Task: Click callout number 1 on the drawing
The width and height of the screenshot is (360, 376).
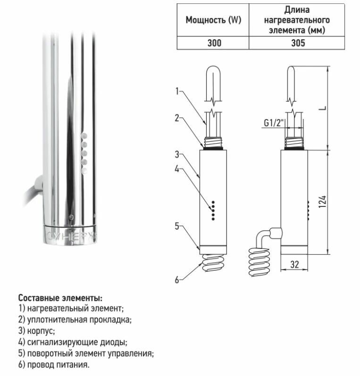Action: (x=177, y=91)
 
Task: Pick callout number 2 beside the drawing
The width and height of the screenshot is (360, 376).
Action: (x=177, y=118)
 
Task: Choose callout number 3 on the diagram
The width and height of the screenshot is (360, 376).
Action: (x=177, y=154)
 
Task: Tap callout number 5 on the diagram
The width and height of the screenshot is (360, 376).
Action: (x=177, y=226)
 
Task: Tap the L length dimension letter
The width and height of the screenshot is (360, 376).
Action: (x=323, y=108)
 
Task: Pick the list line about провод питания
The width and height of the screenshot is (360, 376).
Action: (x=53, y=365)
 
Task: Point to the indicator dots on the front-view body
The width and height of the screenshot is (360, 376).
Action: (x=213, y=210)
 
